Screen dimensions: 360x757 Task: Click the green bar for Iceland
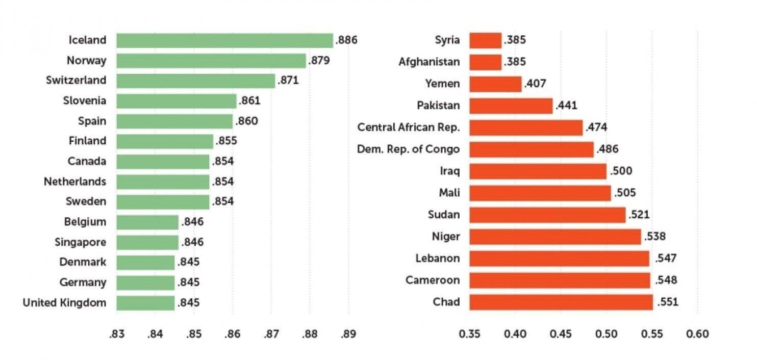pyautogui.click(x=224, y=40)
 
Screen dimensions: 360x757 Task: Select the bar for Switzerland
pyautogui.click(x=195, y=81)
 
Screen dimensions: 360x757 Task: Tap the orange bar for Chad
pyautogui.click(x=561, y=302)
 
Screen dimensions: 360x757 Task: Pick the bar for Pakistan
pyautogui.click(x=511, y=106)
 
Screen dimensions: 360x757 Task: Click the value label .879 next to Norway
pyautogui.click(x=319, y=61)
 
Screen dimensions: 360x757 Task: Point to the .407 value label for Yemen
pyautogui.click(x=535, y=84)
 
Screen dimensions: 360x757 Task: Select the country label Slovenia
pyautogui.click(x=85, y=100)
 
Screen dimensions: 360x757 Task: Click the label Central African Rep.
pyautogui.click(x=409, y=127)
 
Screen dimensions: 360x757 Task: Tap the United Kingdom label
pyautogui.click(x=64, y=303)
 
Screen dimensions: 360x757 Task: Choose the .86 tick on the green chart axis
pyautogui.click(x=232, y=334)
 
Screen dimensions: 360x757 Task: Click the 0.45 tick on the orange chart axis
pyautogui.click(x=561, y=334)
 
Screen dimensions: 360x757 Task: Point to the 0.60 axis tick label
pyautogui.click(x=697, y=334)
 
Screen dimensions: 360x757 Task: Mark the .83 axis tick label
pyautogui.click(x=116, y=334)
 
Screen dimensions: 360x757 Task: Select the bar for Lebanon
pyautogui.click(x=559, y=259)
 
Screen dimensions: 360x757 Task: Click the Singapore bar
pyautogui.click(x=147, y=242)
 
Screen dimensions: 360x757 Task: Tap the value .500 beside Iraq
pyautogui.click(x=621, y=171)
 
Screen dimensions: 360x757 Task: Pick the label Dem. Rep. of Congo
pyautogui.click(x=409, y=149)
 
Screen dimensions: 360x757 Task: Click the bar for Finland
pyautogui.click(x=164, y=141)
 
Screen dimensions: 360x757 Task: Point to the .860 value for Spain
pyautogui.click(x=246, y=121)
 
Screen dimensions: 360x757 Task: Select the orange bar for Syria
pyautogui.click(x=485, y=40)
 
